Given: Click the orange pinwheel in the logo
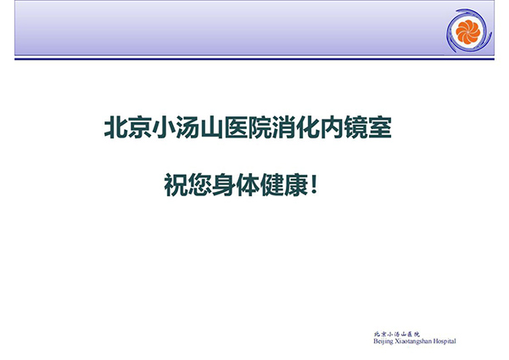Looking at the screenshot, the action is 467,31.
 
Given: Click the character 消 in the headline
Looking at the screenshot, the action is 284,127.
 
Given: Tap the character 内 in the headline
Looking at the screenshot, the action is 333,127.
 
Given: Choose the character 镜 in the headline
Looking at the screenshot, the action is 356,127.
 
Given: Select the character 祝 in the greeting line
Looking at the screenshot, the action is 176,185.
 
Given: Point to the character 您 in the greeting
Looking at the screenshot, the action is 200,185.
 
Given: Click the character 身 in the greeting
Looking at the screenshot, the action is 224,185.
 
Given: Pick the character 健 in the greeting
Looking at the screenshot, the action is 272,185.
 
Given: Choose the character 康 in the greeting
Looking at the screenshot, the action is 296,185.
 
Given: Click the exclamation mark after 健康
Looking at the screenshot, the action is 314,184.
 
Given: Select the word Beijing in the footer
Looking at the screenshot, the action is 383,341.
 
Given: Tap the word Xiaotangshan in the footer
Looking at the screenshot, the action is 413,341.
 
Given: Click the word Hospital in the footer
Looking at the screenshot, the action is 445,341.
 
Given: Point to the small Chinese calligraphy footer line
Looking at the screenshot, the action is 397,334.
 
